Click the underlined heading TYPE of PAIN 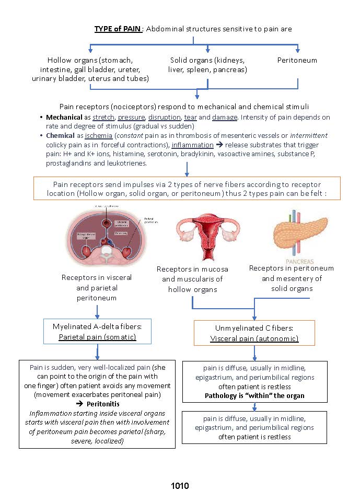118,29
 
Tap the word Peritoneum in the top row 297,60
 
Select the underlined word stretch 103,118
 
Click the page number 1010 180,486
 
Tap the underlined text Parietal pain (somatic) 97,337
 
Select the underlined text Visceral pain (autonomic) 254,339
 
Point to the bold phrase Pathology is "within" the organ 254,396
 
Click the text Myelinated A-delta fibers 97,326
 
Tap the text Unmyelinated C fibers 254,329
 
